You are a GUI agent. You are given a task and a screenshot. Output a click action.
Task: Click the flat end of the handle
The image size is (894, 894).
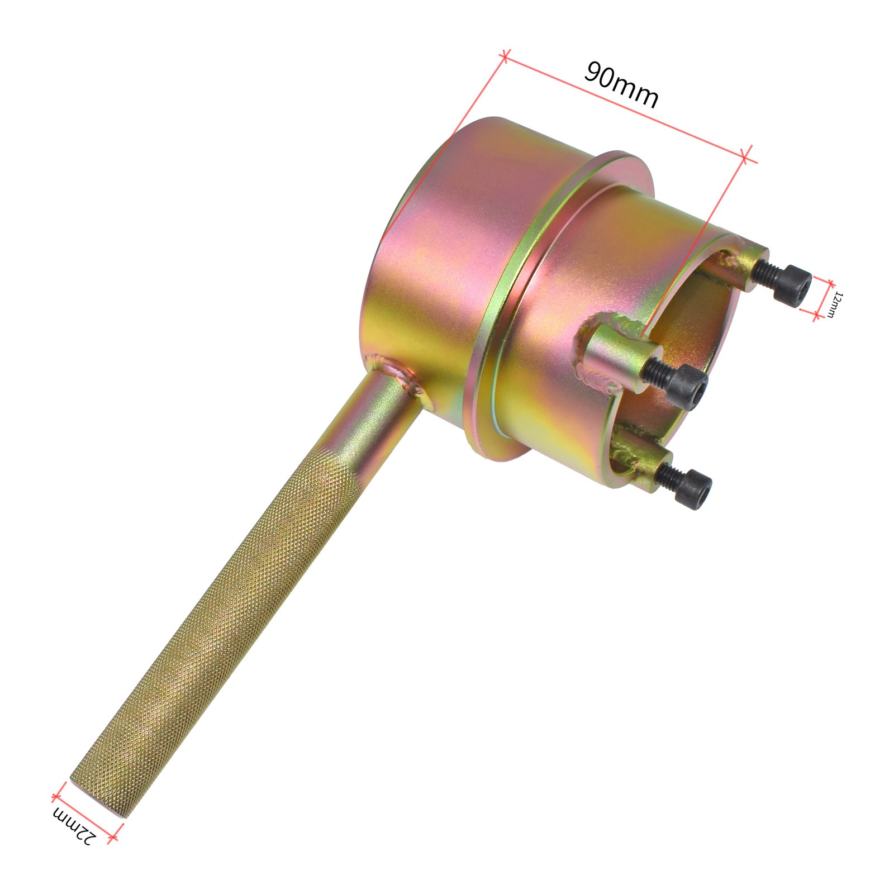click(101, 796)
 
